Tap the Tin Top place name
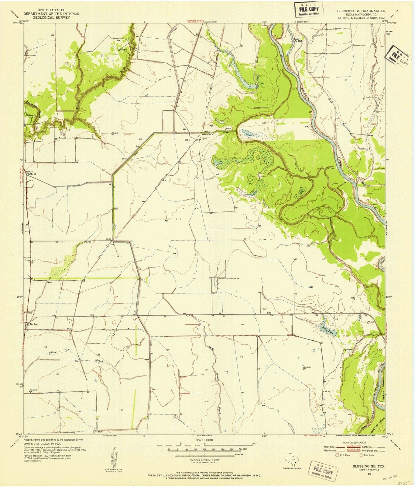[x=33, y=324]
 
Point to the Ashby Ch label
[x=31, y=174]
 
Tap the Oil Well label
[x=124, y=49]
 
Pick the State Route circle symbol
[x=361, y=455]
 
